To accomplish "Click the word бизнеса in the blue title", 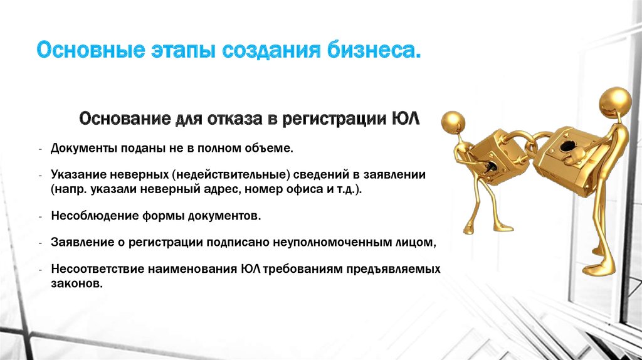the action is pos(374,50).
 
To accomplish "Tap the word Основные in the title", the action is pos(90,50).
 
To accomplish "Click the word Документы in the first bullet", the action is pos(84,148).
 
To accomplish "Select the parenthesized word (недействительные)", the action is pos(231,175).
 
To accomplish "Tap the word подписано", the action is pos(238,243).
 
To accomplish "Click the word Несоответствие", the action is pos(97,269).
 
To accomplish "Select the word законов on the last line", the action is pos(76,284).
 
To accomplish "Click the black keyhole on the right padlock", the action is pos(567,146).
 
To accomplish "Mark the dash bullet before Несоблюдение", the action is pos(41,216).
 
